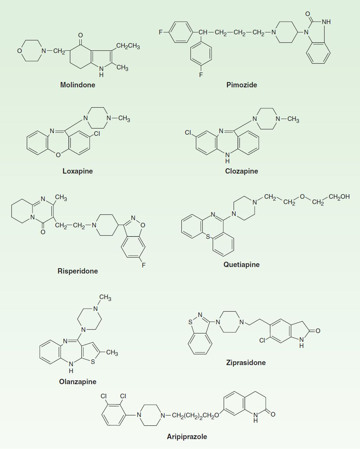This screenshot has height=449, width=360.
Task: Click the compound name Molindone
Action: [x=77, y=85]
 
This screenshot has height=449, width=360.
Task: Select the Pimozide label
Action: [x=242, y=85]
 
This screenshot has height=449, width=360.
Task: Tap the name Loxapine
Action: [x=77, y=171]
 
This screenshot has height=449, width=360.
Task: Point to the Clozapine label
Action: [x=242, y=171]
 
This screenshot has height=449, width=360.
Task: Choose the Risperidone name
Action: [x=77, y=271]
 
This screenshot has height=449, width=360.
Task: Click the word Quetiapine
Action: [x=242, y=264]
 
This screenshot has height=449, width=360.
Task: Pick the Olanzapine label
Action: [x=77, y=382]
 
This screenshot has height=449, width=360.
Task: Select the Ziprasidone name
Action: [x=246, y=362]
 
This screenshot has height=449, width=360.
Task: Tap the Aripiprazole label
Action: [x=187, y=437]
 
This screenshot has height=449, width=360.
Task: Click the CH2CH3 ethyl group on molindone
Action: [x=128, y=46]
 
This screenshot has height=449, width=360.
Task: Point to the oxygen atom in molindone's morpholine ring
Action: [x=19, y=51]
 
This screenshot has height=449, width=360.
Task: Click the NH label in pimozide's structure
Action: [x=326, y=22]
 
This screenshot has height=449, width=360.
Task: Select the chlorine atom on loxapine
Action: [x=97, y=134]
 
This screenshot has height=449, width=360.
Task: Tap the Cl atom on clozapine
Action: [x=188, y=133]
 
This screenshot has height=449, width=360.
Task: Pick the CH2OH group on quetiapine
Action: [x=339, y=197]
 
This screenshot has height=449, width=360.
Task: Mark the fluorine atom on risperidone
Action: [x=144, y=265]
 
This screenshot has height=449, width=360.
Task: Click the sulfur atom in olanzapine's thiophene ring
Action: [x=93, y=362]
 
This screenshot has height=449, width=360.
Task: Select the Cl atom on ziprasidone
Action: [x=263, y=340]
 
